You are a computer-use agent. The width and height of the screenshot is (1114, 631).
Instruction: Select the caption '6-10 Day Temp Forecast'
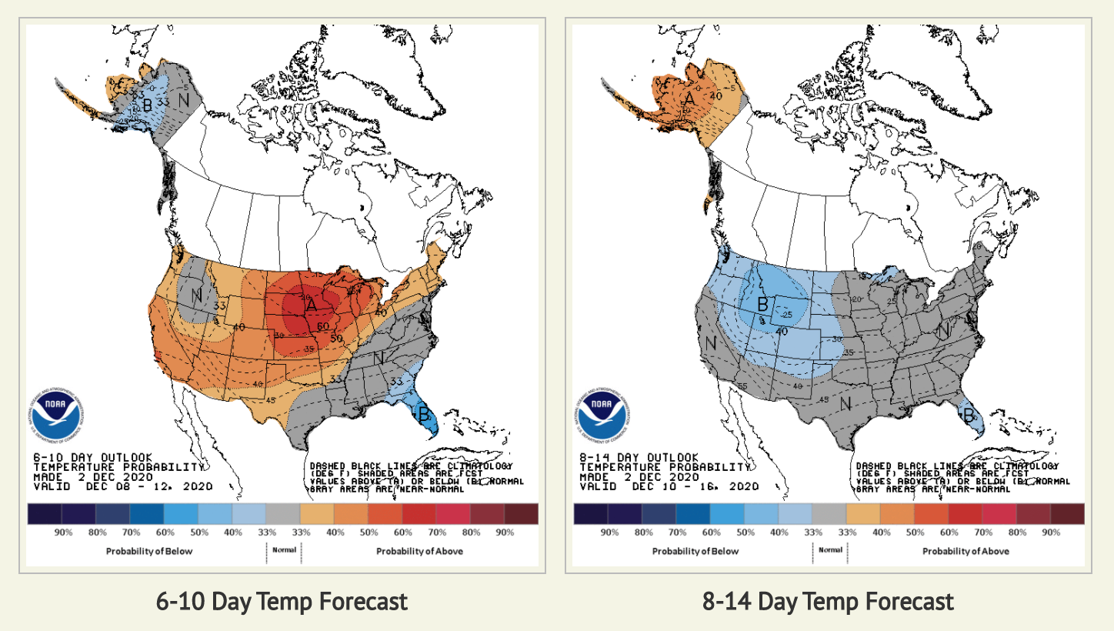282,601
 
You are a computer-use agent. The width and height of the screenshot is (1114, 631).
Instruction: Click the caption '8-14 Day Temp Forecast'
828,601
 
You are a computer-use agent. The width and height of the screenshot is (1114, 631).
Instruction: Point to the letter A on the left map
311,305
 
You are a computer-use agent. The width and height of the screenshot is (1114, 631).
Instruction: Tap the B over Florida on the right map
968,415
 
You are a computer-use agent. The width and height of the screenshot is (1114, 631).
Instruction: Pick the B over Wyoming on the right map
762,304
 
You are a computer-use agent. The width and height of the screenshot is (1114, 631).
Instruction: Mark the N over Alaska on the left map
184,99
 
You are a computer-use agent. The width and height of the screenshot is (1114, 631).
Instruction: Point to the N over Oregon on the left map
196,294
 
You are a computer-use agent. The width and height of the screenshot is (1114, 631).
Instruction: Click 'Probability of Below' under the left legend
149,551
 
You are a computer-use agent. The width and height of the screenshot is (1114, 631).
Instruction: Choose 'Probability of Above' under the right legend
966,551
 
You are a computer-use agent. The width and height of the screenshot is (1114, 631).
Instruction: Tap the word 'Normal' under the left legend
284,550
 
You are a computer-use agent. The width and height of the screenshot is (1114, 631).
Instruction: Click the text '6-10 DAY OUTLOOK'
92,457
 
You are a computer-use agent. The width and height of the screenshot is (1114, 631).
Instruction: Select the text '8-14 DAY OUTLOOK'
639,457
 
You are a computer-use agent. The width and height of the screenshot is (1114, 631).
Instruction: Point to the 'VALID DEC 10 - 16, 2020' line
669,486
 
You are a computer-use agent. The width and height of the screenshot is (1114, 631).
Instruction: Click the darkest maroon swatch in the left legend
521,513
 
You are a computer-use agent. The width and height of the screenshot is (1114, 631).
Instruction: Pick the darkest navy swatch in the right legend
591,513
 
